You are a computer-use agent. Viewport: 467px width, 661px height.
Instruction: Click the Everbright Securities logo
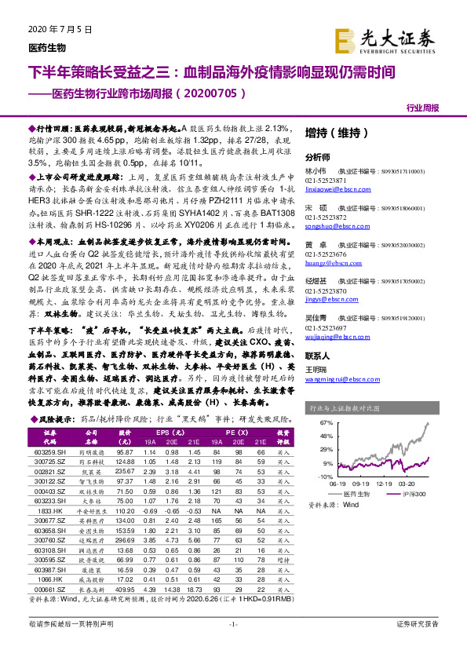pyautogui.click(x=395, y=37)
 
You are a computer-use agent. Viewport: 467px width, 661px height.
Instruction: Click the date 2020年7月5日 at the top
pyautogui.click(x=54, y=29)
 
